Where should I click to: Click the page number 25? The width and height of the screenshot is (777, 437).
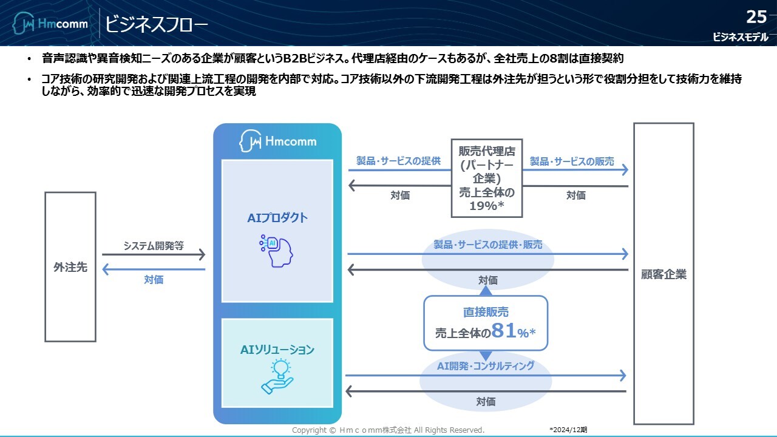pos(757,16)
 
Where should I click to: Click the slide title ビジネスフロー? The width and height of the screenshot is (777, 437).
pos(156,24)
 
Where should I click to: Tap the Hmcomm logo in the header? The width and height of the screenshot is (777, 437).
pos(51,24)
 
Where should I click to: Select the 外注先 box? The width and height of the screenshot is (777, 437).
pos(70,267)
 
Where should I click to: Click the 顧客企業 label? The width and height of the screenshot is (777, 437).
pos(663,274)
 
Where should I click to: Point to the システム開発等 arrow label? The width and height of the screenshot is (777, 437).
pos(154,246)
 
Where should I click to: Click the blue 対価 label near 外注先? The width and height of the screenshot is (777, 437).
pos(154,280)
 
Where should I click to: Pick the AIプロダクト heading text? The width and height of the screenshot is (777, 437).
pos(277,218)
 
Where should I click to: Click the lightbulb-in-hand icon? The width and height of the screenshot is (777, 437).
pos(277,376)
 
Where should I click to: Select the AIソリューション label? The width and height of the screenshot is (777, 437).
pos(277,350)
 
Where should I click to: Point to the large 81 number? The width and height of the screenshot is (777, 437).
pos(504,331)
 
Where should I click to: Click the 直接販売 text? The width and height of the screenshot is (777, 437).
pos(486,312)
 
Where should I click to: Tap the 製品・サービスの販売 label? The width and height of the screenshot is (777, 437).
pos(572,161)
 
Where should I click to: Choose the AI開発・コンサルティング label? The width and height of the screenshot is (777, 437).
pos(486,365)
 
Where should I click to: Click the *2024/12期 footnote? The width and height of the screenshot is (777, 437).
pos(568,430)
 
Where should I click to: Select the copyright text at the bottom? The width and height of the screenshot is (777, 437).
pos(388,430)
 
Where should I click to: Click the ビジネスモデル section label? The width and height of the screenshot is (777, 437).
pos(741,37)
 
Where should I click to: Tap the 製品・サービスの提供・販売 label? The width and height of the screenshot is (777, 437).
pos(488,245)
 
